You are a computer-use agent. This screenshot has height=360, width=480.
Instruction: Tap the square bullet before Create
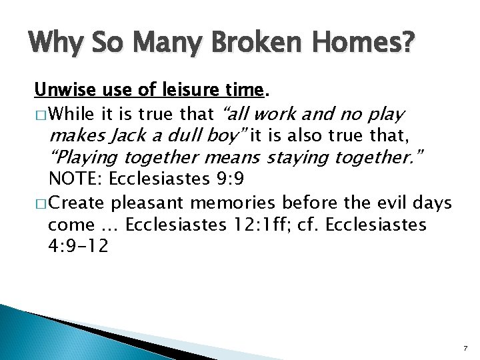41,203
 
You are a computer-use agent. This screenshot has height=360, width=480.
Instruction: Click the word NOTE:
75,180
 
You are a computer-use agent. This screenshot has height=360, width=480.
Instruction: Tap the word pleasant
147,203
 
